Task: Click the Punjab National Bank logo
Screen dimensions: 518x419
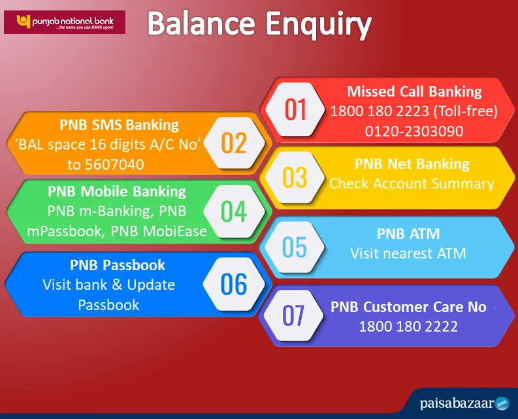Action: [x=65, y=22]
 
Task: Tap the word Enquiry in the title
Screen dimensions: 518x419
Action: [x=319, y=25]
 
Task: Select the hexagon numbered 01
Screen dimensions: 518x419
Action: [x=295, y=109]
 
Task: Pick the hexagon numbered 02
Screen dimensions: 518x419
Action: [x=234, y=144]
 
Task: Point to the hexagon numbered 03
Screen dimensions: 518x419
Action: [x=295, y=178]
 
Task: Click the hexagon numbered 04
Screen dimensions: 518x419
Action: [x=234, y=211]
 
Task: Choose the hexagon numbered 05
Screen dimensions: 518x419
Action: [x=295, y=247]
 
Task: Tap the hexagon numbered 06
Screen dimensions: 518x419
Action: [x=234, y=284]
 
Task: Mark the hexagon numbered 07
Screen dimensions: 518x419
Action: [x=293, y=315]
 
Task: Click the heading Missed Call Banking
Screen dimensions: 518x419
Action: [x=414, y=91]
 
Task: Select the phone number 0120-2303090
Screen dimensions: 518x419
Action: [x=414, y=131]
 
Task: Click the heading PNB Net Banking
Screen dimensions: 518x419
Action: [x=412, y=164]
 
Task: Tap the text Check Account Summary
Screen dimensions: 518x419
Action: [x=412, y=184]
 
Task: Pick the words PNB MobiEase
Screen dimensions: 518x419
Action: [x=159, y=232]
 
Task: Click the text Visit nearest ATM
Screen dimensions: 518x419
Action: [x=408, y=254]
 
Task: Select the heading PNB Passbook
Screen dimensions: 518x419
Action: [x=118, y=265]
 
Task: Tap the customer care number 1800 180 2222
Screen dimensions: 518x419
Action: [x=408, y=326]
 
